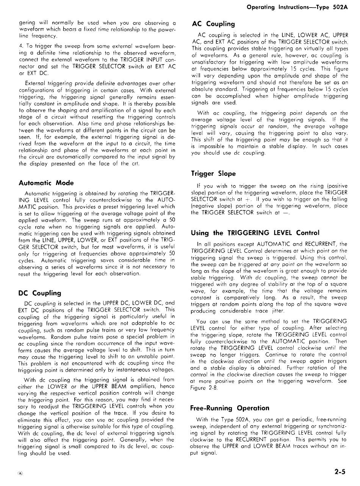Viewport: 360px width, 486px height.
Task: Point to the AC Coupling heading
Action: tap(213, 24)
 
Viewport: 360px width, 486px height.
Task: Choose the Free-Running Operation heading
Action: tap(230, 408)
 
